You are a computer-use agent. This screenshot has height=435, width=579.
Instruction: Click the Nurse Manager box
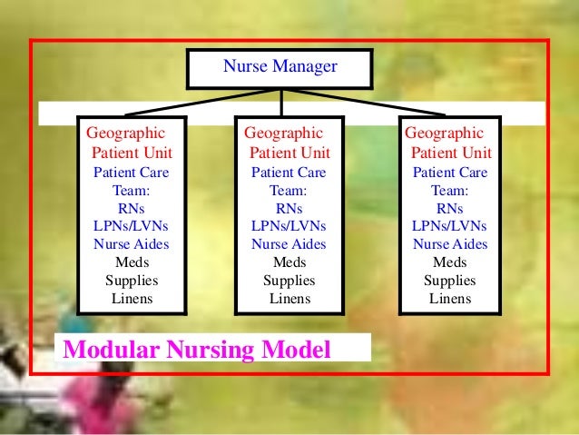279,67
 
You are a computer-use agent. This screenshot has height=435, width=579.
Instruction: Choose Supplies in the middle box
289,281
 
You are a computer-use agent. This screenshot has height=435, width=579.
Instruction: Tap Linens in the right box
450,299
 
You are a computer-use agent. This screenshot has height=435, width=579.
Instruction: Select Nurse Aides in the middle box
289,244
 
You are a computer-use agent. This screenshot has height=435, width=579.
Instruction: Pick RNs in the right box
450,208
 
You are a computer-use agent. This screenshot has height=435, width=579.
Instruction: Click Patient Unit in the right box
451,152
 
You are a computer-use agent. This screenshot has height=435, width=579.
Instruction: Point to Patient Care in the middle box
289,172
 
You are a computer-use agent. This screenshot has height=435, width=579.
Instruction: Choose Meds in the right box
450,262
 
